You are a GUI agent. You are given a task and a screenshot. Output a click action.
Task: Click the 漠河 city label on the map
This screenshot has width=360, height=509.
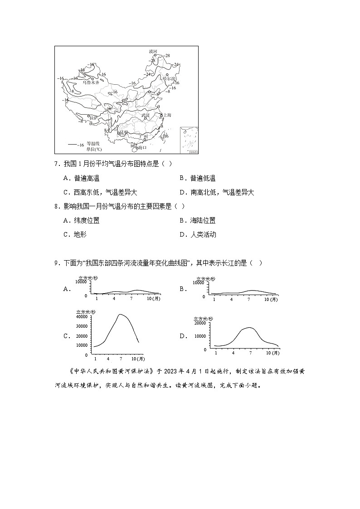(x=153, y=51)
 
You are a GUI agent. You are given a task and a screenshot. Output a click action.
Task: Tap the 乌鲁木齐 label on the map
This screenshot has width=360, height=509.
(x=91, y=82)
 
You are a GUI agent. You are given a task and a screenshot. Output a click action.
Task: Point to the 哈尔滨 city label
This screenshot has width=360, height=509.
(x=169, y=78)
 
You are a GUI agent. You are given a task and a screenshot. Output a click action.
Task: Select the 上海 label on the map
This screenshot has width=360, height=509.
(x=167, y=116)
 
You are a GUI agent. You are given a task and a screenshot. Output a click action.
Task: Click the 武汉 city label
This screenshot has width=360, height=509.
(x=145, y=116)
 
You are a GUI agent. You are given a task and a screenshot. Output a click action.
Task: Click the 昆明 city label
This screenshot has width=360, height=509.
(x=123, y=133)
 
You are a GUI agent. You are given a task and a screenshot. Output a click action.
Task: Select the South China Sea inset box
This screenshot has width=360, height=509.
(x=189, y=140)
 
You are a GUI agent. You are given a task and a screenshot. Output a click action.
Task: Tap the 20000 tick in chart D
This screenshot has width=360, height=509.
(x=200, y=323)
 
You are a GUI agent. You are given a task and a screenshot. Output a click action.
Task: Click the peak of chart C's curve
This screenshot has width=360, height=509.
(x=120, y=314)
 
